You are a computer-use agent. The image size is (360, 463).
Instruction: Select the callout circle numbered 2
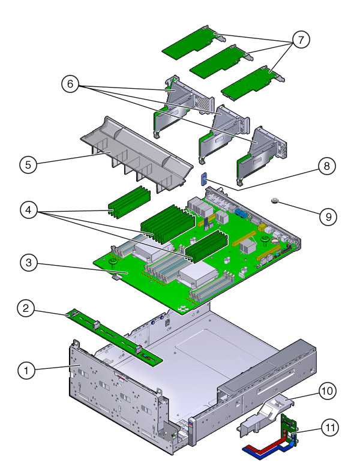(x=25, y=309)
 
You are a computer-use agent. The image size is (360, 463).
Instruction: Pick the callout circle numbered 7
(x=300, y=40)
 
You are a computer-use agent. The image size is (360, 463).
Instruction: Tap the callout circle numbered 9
(x=328, y=217)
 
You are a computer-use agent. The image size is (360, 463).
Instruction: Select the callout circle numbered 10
(x=328, y=391)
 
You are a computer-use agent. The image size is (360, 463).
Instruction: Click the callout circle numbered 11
(x=328, y=428)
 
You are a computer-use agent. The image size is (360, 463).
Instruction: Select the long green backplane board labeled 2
(x=114, y=337)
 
